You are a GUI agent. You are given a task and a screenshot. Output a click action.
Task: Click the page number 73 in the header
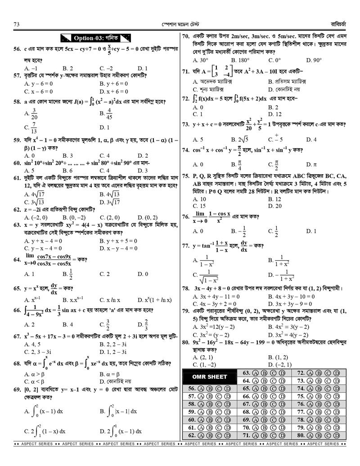pos(17,24)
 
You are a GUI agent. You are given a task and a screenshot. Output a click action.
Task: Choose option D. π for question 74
pos(309,164)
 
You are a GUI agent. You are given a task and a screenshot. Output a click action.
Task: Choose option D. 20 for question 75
pos(274,206)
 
